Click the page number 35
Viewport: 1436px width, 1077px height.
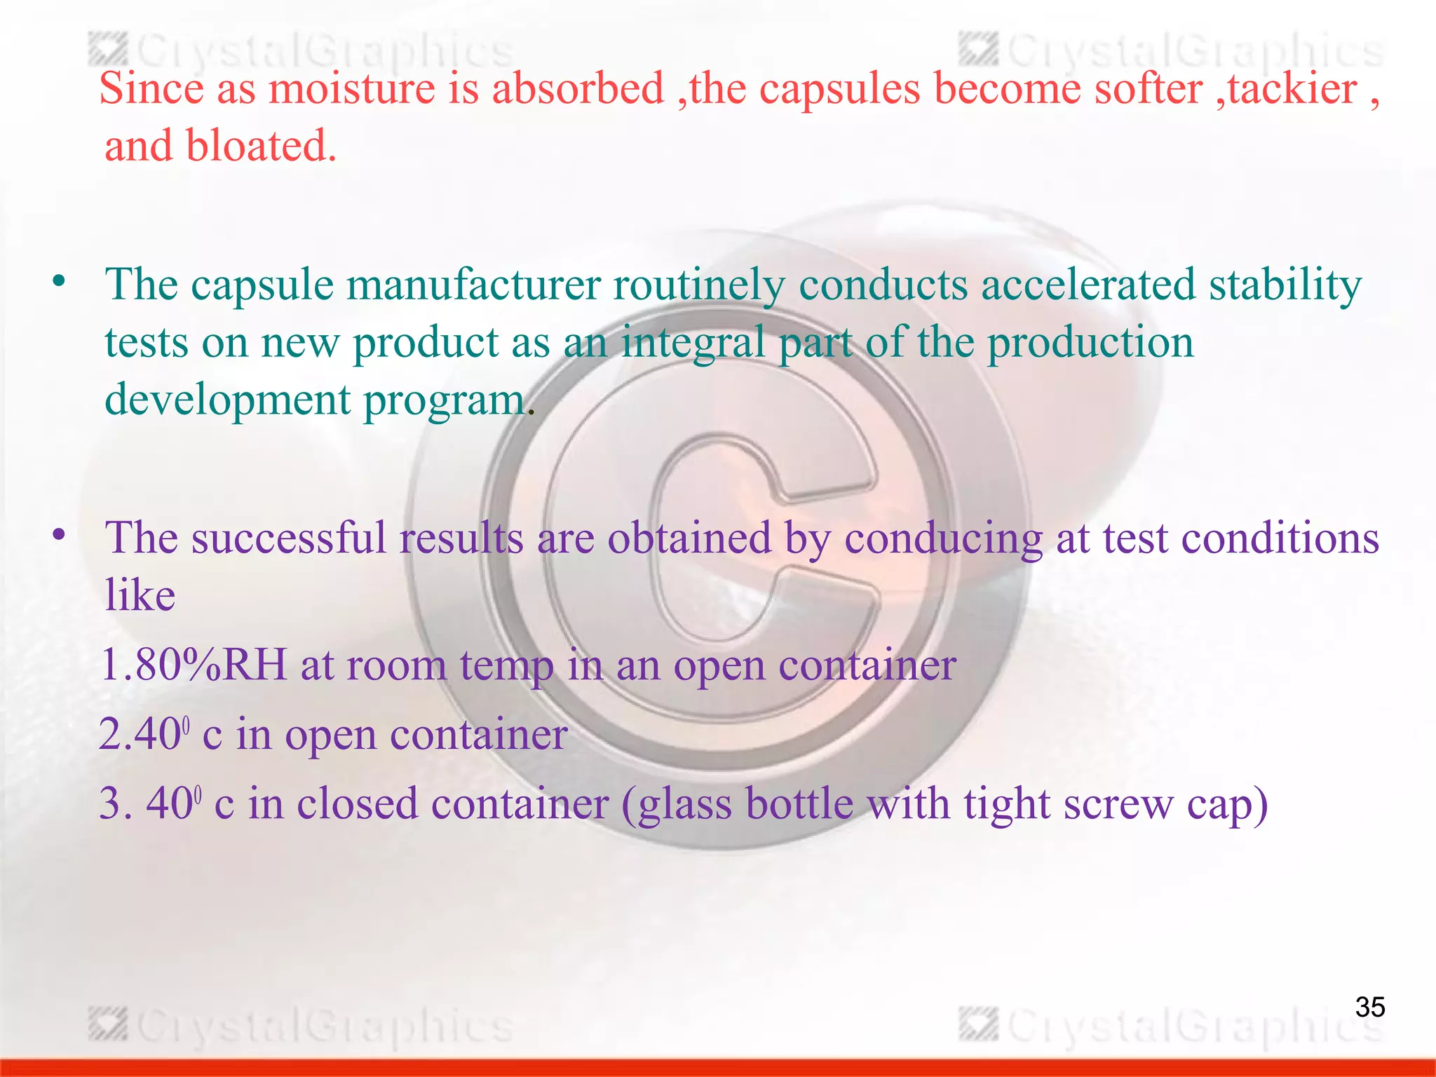pyautogui.click(x=1369, y=1007)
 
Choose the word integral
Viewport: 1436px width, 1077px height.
pyautogui.click(x=693, y=344)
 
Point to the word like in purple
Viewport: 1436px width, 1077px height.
pyautogui.click(x=140, y=595)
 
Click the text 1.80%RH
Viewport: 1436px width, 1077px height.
pyautogui.click(x=194, y=665)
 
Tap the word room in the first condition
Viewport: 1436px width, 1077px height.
pyautogui.click(x=396, y=665)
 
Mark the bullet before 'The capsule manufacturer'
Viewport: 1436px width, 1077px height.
pyautogui.click(x=59, y=282)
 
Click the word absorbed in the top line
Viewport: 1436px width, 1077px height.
pyautogui.click(x=578, y=90)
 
